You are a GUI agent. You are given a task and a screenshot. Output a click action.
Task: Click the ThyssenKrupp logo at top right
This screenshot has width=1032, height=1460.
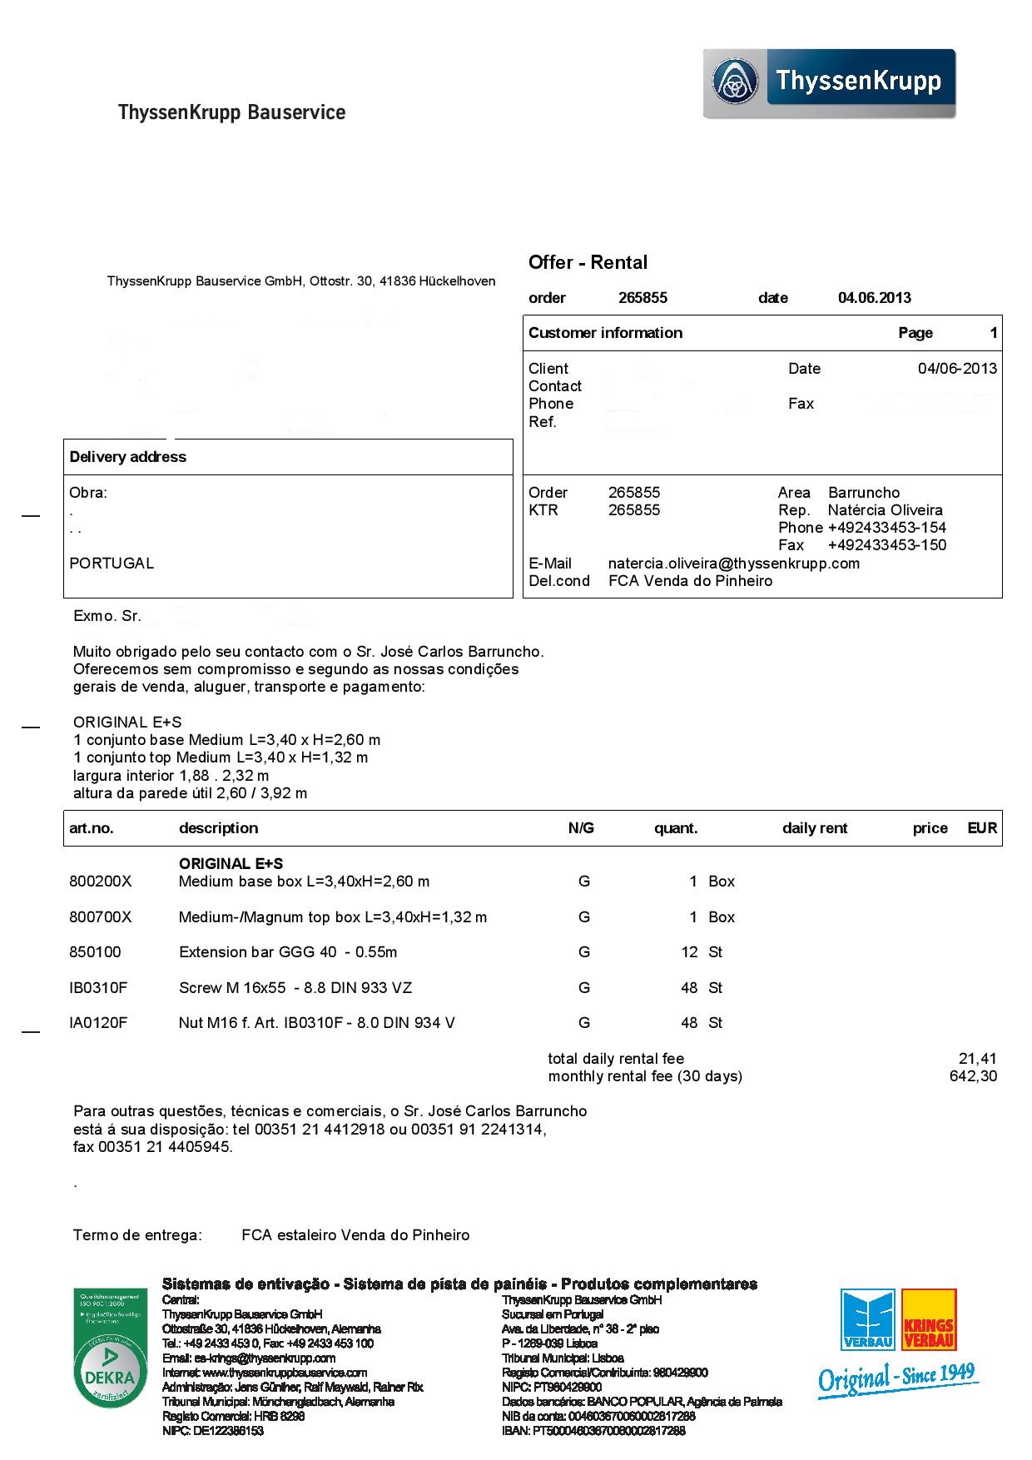coord(829,83)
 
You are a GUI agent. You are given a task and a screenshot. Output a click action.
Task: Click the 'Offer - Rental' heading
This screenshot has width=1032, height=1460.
coord(588,263)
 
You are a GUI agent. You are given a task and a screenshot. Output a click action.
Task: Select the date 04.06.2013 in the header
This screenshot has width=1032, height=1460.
coord(874,298)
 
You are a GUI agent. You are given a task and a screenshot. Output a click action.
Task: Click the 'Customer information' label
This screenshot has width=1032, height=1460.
coord(605,333)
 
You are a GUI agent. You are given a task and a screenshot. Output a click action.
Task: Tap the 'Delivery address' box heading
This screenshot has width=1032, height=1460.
coord(127,457)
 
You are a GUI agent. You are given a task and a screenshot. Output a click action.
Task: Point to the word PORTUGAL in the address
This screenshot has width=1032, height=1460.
coord(112,564)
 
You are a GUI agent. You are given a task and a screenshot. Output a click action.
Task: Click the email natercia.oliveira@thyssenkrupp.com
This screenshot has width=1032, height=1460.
coord(733,564)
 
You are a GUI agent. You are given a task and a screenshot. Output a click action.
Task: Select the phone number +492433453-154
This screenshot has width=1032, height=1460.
coord(886,528)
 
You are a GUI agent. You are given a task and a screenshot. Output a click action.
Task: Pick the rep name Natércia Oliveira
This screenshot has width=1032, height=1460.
coord(885,510)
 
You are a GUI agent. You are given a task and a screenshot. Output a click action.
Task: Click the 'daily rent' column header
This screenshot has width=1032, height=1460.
coord(814,828)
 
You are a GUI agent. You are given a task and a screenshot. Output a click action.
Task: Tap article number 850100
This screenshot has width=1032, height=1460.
coord(95,952)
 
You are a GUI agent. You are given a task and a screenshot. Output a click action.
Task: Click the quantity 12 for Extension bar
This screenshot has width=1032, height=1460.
coord(689,952)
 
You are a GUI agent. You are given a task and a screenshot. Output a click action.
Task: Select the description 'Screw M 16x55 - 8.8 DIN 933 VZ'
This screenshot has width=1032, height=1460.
coord(295,988)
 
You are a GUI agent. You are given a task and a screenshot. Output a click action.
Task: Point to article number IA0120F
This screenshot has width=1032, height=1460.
coord(98,1023)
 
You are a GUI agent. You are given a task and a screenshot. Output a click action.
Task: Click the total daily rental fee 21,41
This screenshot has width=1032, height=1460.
coord(977,1059)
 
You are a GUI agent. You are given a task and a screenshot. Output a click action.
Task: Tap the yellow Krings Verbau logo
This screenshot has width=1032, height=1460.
coord(929,1320)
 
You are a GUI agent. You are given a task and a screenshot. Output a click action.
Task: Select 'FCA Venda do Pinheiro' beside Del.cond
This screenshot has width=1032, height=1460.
coord(690,581)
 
